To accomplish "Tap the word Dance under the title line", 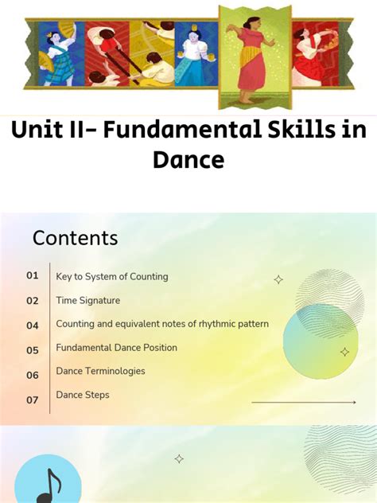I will pyautogui.click(x=188, y=160).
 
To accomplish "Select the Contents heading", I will pyautogui.click(x=75, y=238).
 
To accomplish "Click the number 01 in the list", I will pyautogui.click(x=33, y=276).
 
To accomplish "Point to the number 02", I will pyautogui.click(x=33, y=301).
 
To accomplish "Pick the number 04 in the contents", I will pyautogui.click(x=33, y=326).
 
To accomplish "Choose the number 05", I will pyautogui.click(x=33, y=350).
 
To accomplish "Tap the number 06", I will pyautogui.click(x=33, y=375).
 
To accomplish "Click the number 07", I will pyautogui.click(x=33, y=400).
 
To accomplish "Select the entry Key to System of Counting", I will pyautogui.click(x=112, y=277).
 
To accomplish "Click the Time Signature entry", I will pyautogui.click(x=88, y=301).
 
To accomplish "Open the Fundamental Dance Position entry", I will pyautogui.click(x=117, y=348).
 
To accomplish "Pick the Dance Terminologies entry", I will pyautogui.click(x=100, y=371).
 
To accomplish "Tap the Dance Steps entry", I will pyautogui.click(x=83, y=395).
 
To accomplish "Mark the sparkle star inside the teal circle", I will pyautogui.click(x=344, y=351).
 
